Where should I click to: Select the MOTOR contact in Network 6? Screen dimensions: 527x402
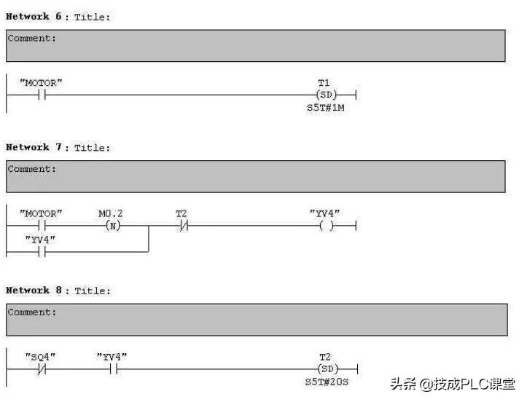[x=41, y=95]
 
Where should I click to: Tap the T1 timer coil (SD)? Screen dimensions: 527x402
[x=326, y=95]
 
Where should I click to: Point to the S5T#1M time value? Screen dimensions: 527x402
[x=325, y=107]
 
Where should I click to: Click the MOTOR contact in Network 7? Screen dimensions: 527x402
[x=41, y=226]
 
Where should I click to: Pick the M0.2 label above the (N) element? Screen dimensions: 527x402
[x=111, y=214]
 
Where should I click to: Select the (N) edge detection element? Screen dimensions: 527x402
[x=112, y=226]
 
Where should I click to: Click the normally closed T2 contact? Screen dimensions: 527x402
[x=182, y=226]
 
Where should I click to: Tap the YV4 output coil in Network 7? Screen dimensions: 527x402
[x=326, y=226]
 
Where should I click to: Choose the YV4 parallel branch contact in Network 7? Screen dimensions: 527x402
[x=41, y=251]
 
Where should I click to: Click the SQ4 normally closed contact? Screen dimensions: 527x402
[x=42, y=369]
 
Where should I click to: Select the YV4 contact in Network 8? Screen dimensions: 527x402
[x=112, y=369]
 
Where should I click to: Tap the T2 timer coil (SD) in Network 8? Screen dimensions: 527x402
[x=326, y=369]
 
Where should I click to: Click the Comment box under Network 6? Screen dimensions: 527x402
[x=255, y=45]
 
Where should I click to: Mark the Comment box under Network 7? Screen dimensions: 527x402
[x=255, y=176]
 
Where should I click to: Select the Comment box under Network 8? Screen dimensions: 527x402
[x=255, y=320]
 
